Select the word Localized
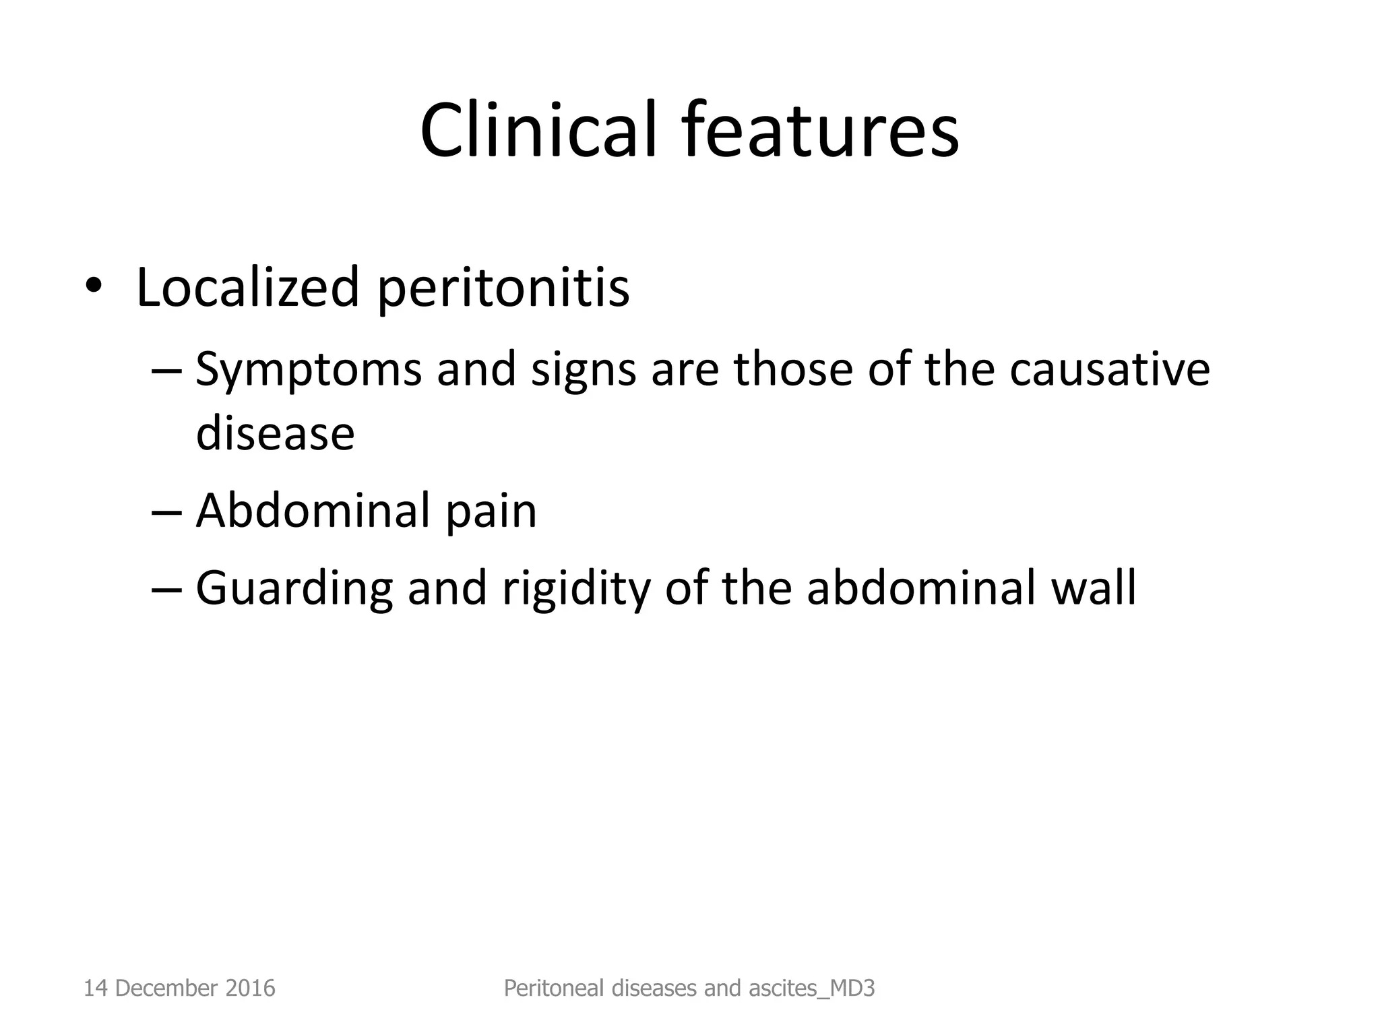pyautogui.click(x=247, y=288)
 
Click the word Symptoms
pyautogui.click(x=308, y=371)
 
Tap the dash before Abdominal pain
pyautogui.click(x=167, y=512)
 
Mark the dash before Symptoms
pyautogui.click(x=167, y=371)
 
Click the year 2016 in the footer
pyautogui.click(x=250, y=988)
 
